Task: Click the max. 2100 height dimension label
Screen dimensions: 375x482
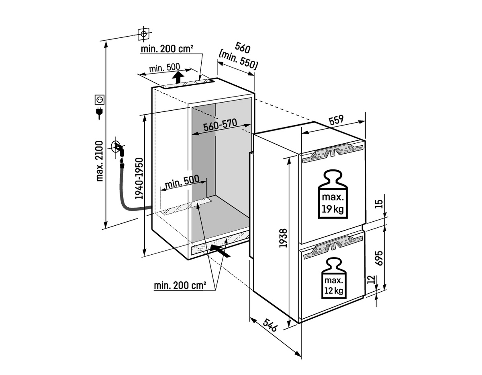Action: click(100, 161)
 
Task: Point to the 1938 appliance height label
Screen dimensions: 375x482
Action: click(283, 238)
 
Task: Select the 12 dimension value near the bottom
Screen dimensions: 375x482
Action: click(372, 280)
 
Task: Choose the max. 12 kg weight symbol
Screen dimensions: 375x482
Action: click(334, 279)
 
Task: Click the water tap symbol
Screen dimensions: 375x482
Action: click(118, 150)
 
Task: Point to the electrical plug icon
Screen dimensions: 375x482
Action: click(98, 113)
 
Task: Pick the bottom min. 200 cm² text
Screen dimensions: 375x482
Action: click(180, 286)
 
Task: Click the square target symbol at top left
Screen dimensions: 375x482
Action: click(143, 33)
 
